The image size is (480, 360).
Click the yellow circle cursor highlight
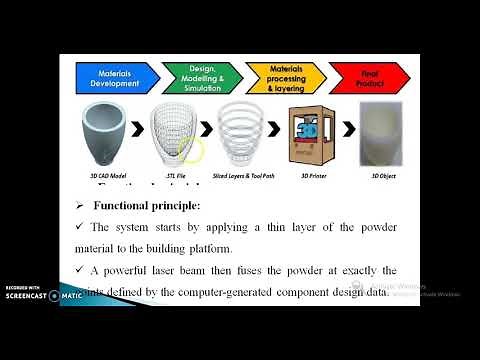[191, 151]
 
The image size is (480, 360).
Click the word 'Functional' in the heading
[124, 205]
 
